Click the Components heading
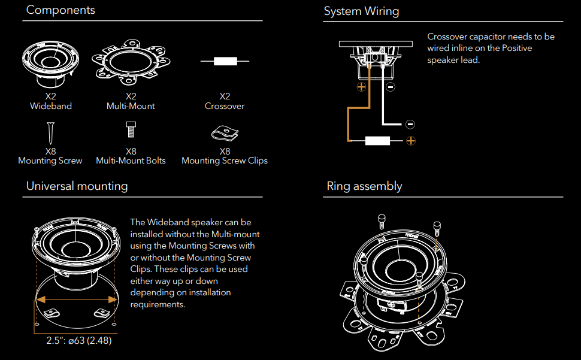click(x=60, y=10)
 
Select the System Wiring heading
click(x=361, y=11)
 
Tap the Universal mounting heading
click(x=77, y=186)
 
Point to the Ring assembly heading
click(x=364, y=186)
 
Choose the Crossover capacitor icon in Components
click(x=225, y=61)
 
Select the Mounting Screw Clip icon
click(x=225, y=132)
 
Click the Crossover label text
click(x=225, y=106)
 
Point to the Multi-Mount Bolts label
click(x=131, y=161)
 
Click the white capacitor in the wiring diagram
click(x=377, y=141)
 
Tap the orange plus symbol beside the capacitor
click(x=410, y=141)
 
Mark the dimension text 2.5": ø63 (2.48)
click(x=79, y=341)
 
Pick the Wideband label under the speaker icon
click(x=51, y=106)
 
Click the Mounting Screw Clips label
click(x=225, y=161)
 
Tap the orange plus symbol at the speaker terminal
click(x=361, y=87)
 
